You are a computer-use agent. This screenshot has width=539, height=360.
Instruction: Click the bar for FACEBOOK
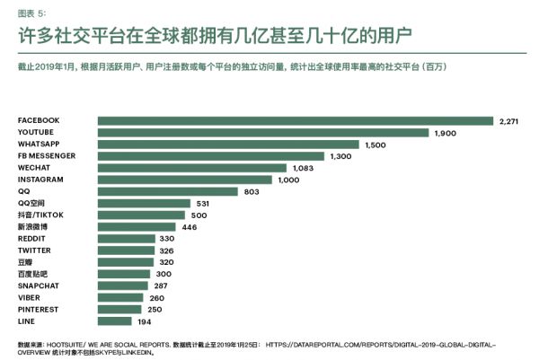pos(296,120)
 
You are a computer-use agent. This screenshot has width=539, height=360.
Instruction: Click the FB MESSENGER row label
pos(46,155)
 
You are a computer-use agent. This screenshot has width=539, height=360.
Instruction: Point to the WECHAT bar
pos(192,168)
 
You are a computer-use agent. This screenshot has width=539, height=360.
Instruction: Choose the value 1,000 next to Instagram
pos(290,180)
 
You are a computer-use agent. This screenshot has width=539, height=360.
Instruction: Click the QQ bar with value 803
pos(168,191)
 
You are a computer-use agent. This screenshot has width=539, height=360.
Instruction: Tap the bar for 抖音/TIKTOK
pos(142,215)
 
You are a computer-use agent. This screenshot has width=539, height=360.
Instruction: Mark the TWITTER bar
pos(127,250)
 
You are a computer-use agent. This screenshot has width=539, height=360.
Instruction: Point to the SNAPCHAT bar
pos(123,285)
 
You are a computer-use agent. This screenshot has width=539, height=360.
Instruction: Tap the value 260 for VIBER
pos(158,297)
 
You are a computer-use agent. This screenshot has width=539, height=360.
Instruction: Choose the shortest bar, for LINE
pos(115,320)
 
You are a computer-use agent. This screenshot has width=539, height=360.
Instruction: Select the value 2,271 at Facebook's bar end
pos(510,120)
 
